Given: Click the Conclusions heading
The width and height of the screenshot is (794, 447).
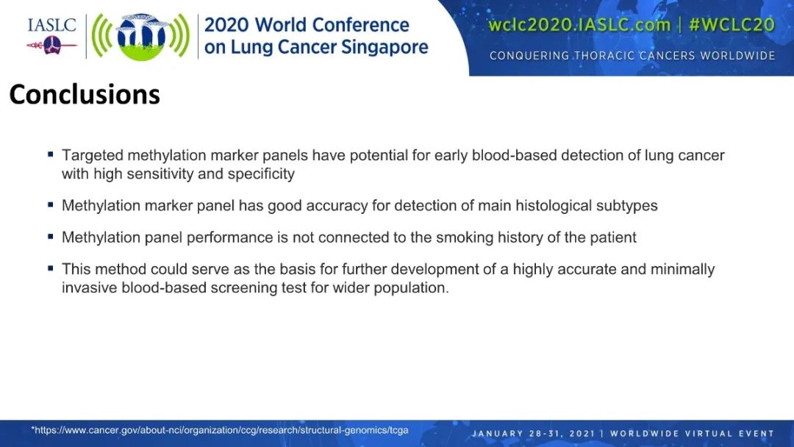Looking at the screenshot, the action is pos(85,94).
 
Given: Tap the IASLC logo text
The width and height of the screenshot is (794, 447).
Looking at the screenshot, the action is pos(51,25).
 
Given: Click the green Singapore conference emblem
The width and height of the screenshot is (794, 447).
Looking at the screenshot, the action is pos(140,37).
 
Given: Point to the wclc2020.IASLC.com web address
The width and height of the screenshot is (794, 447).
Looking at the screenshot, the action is pos(579,25).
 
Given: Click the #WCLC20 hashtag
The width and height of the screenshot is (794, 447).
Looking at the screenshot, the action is pos(732,25).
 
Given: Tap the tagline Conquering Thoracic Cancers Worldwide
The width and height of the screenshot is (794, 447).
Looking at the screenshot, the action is pos(632,56).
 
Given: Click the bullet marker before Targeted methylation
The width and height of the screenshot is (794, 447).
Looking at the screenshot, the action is pos(50,154).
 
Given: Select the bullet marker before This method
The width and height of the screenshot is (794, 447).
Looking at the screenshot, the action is pos(50,268).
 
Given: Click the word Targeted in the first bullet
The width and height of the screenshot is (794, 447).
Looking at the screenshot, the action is pos(92,155).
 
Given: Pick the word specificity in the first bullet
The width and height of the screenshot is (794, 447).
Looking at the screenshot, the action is pos(261,174).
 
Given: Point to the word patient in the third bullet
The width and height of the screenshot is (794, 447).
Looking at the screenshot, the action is pos(612,237).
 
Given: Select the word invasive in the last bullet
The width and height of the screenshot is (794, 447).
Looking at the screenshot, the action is pos(90,287).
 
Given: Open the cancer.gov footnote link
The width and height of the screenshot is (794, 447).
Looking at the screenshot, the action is pos(220,430).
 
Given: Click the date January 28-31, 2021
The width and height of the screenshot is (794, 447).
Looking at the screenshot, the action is pos(533,433).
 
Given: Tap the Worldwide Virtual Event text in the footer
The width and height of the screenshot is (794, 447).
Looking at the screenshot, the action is pos(693,433).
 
